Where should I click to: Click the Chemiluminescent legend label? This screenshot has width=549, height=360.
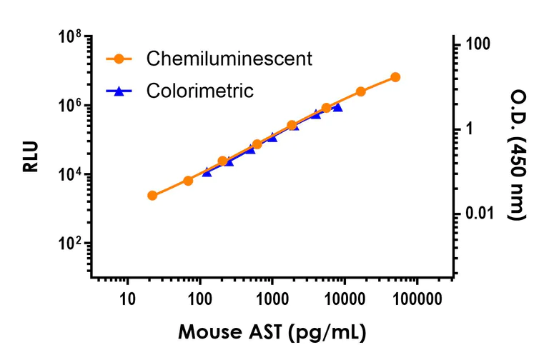coord(229,59)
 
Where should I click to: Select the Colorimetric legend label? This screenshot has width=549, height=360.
coord(200,91)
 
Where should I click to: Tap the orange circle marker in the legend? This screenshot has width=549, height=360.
coord(122,59)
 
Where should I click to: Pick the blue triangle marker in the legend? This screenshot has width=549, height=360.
coord(122,91)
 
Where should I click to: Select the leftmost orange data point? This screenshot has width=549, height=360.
coord(152,195)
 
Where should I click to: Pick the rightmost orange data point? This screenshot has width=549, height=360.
coord(395,76)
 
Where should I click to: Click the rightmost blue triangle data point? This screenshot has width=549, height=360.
coord(337,107)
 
